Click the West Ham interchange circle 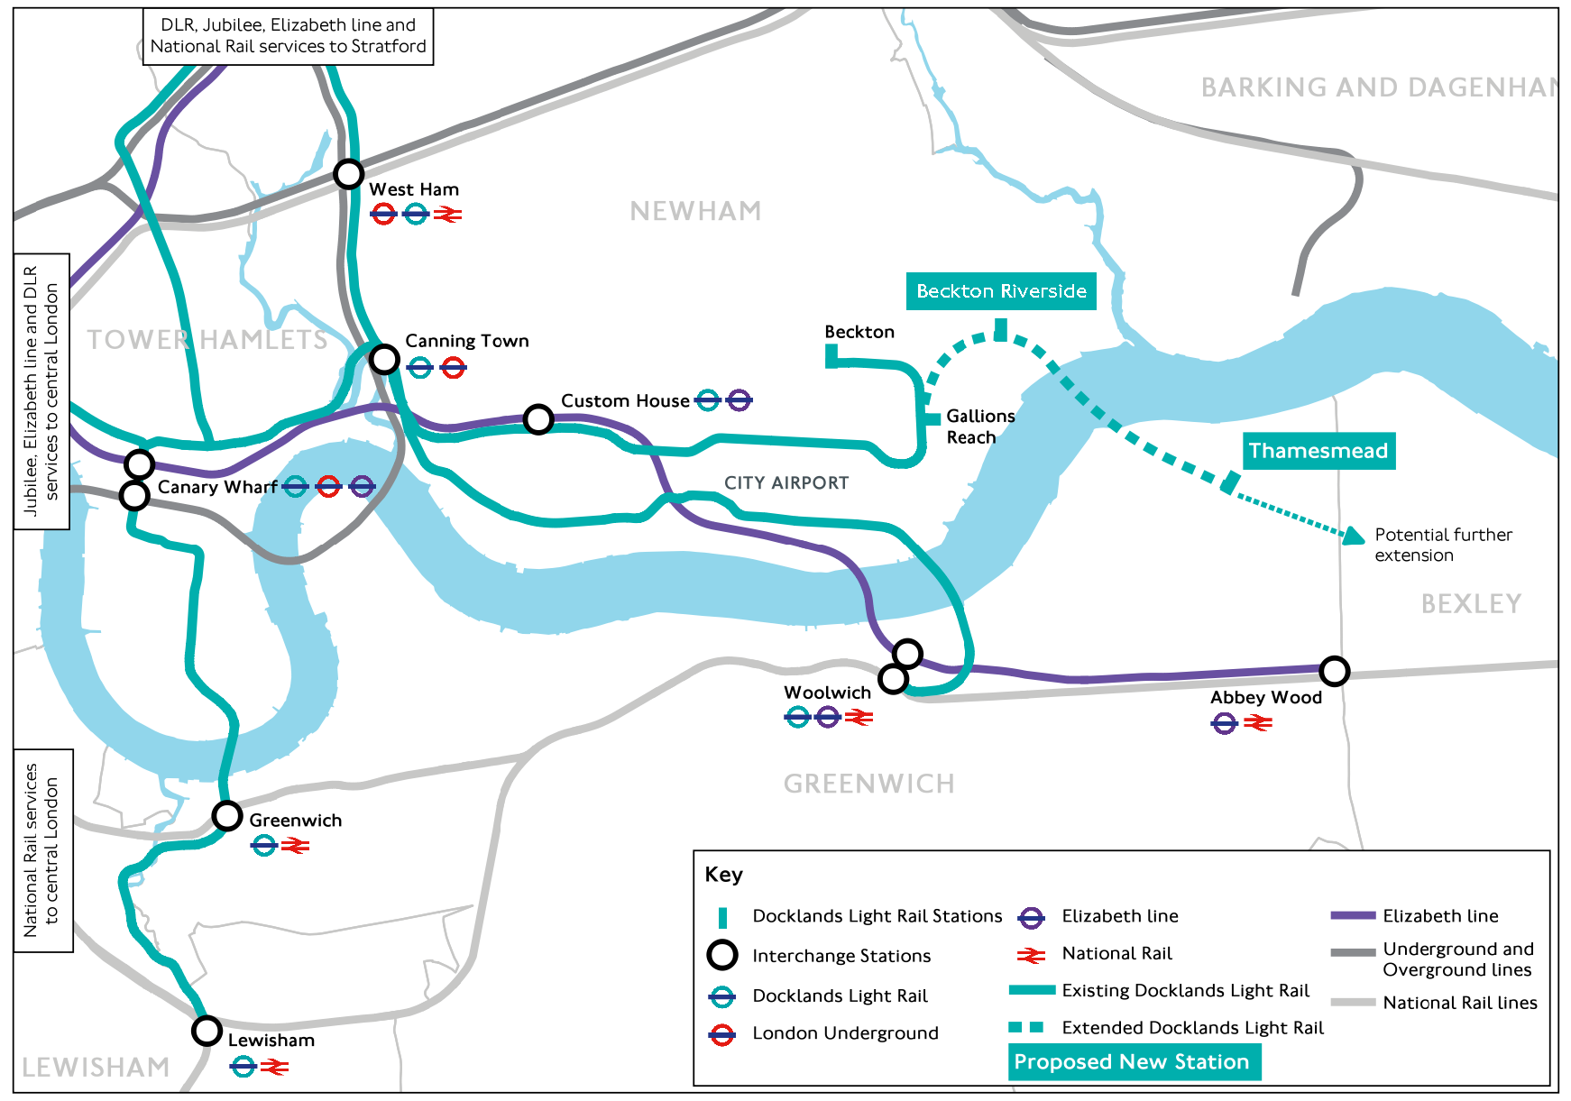click(x=349, y=173)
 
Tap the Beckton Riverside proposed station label click(x=1001, y=291)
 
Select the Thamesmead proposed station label click(x=1318, y=451)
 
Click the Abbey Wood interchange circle click(x=1334, y=671)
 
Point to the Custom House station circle click(x=538, y=419)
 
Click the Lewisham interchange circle click(x=207, y=1030)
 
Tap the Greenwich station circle click(x=227, y=816)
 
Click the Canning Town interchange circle click(x=385, y=359)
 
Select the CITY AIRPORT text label click(x=786, y=483)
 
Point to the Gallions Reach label click(x=979, y=427)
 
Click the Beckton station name click(x=859, y=332)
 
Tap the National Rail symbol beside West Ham click(x=447, y=215)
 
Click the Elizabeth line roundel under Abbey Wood click(x=1224, y=723)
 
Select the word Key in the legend click(x=724, y=875)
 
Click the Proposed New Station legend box click(x=1134, y=1061)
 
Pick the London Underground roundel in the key click(x=721, y=1034)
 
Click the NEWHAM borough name click(x=695, y=211)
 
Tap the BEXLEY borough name click(x=1471, y=604)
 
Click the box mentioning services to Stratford click(x=289, y=36)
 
